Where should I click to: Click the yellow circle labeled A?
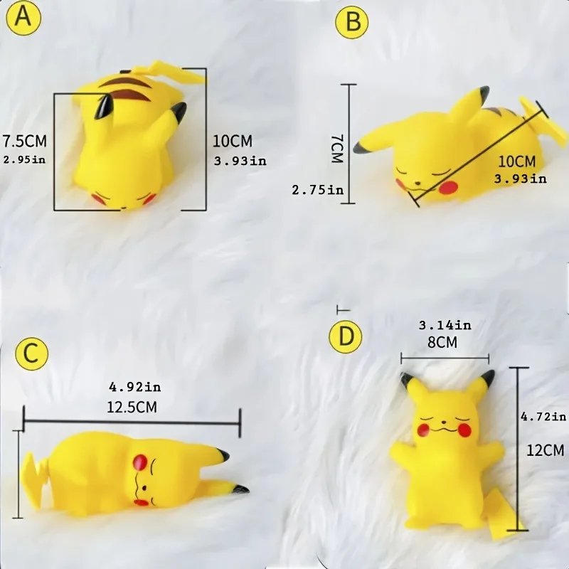(x=23, y=18)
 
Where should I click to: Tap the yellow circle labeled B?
(x=351, y=21)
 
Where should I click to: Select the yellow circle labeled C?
(x=31, y=353)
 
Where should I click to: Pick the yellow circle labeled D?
(x=346, y=336)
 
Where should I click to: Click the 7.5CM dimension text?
(x=25, y=141)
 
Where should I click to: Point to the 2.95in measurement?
(x=25, y=159)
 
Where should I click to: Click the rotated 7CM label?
(x=336, y=149)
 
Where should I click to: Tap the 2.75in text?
(x=318, y=190)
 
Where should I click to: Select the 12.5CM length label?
(x=132, y=407)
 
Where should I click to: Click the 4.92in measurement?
(x=135, y=387)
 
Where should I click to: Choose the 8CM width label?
(x=442, y=342)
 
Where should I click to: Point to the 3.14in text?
(x=445, y=325)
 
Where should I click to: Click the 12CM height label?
(x=546, y=450)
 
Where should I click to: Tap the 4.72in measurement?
(x=543, y=417)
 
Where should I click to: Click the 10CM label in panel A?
(x=233, y=141)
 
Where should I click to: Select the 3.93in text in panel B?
(x=521, y=179)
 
